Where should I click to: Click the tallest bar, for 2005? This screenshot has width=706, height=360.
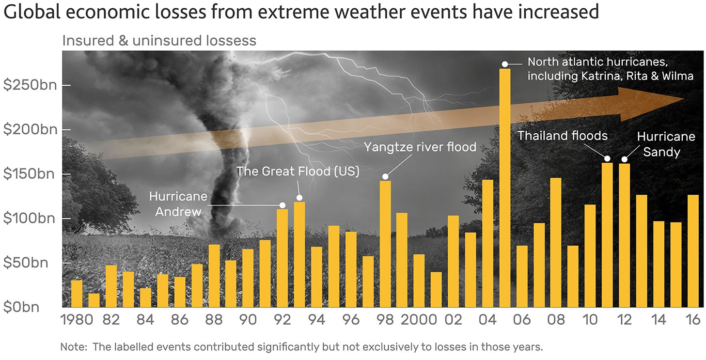(x=505, y=188)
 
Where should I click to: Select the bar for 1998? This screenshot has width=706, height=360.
(x=385, y=244)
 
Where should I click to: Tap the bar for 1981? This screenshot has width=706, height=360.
(x=94, y=300)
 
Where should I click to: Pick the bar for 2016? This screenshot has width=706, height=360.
(x=693, y=251)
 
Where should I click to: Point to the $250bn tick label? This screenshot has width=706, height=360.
(x=30, y=85)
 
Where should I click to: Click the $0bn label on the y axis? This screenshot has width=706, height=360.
(x=21, y=307)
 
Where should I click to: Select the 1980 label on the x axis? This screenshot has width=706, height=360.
(x=77, y=320)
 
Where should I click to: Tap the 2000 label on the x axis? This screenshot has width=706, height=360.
(x=419, y=320)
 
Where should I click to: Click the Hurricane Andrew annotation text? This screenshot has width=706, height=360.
(x=178, y=204)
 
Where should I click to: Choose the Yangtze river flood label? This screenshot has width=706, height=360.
(x=420, y=147)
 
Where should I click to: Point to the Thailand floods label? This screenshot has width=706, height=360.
(x=563, y=136)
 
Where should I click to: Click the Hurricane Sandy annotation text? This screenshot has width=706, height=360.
(x=666, y=144)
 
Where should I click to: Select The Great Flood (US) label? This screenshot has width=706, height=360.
(x=298, y=171)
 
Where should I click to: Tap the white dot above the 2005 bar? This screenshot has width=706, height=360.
(x=504, y=64)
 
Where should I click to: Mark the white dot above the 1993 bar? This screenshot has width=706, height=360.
(x=299, y=198)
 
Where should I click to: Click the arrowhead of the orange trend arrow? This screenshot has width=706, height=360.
(x=649, y=104)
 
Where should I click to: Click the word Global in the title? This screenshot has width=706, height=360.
(x=32, y=12)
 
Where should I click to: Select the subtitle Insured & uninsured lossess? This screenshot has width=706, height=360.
(x=159, y=41)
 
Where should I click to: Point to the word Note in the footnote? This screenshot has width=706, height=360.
(x=72, y=347)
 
